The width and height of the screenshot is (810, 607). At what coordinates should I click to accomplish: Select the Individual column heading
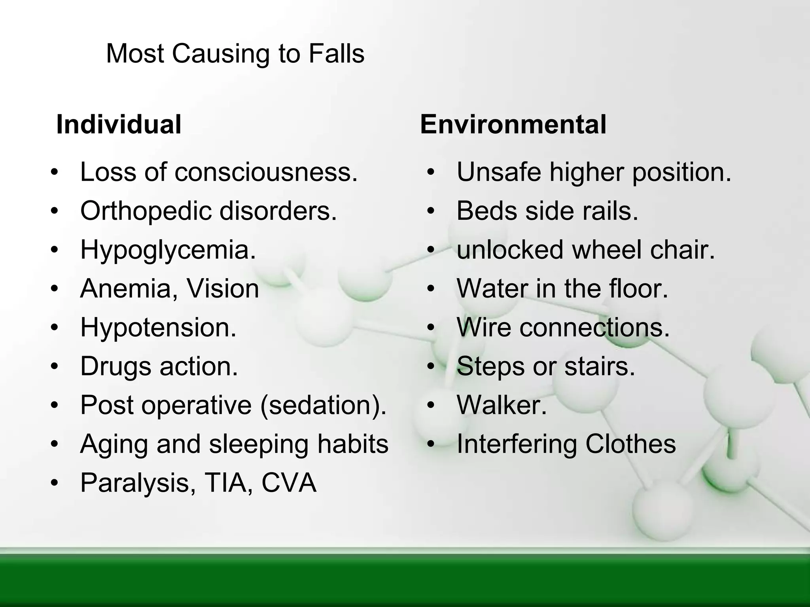tap(119, 124)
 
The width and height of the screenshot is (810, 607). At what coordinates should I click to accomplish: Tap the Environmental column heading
tap(513, 124)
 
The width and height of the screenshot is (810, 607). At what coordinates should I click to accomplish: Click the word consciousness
tap(266, 172)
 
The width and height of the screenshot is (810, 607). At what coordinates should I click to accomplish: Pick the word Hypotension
tap(158, 327)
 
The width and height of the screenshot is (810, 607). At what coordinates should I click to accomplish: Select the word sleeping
tap(259, 444)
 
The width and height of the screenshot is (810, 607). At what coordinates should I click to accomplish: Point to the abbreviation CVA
tap(289, 483)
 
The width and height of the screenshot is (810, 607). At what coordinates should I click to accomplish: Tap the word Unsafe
tap(499, 172)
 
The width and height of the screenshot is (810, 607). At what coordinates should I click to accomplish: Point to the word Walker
tap(502, 405)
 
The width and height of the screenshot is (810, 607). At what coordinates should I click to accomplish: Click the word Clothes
tap(630, 444)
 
